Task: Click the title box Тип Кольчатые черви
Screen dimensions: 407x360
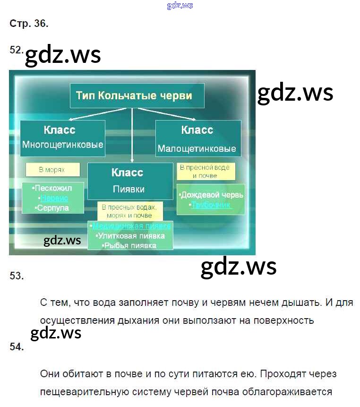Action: click(137, 96)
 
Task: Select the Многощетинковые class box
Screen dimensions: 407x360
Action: click(62, 137)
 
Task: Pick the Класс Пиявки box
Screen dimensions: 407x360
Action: click(129, 181)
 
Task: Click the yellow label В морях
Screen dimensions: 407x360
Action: click(52, 169)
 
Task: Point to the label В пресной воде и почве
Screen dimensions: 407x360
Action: click(206, 172)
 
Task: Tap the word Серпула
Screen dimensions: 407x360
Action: click(52, 208)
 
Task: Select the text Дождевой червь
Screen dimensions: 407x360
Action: click(212, 195)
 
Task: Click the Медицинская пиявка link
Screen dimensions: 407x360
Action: click(131, 226)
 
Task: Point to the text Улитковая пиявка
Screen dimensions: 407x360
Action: click(129, 235)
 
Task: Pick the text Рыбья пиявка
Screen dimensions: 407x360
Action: click(129, 245)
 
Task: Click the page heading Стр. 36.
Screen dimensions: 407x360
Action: click(29, 24)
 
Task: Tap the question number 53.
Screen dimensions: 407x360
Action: click(17, 276)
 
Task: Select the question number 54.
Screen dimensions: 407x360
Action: click(17, 347)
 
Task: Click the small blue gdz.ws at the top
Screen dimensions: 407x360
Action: click(180, 6)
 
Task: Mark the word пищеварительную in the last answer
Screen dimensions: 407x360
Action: click(90, 392)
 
